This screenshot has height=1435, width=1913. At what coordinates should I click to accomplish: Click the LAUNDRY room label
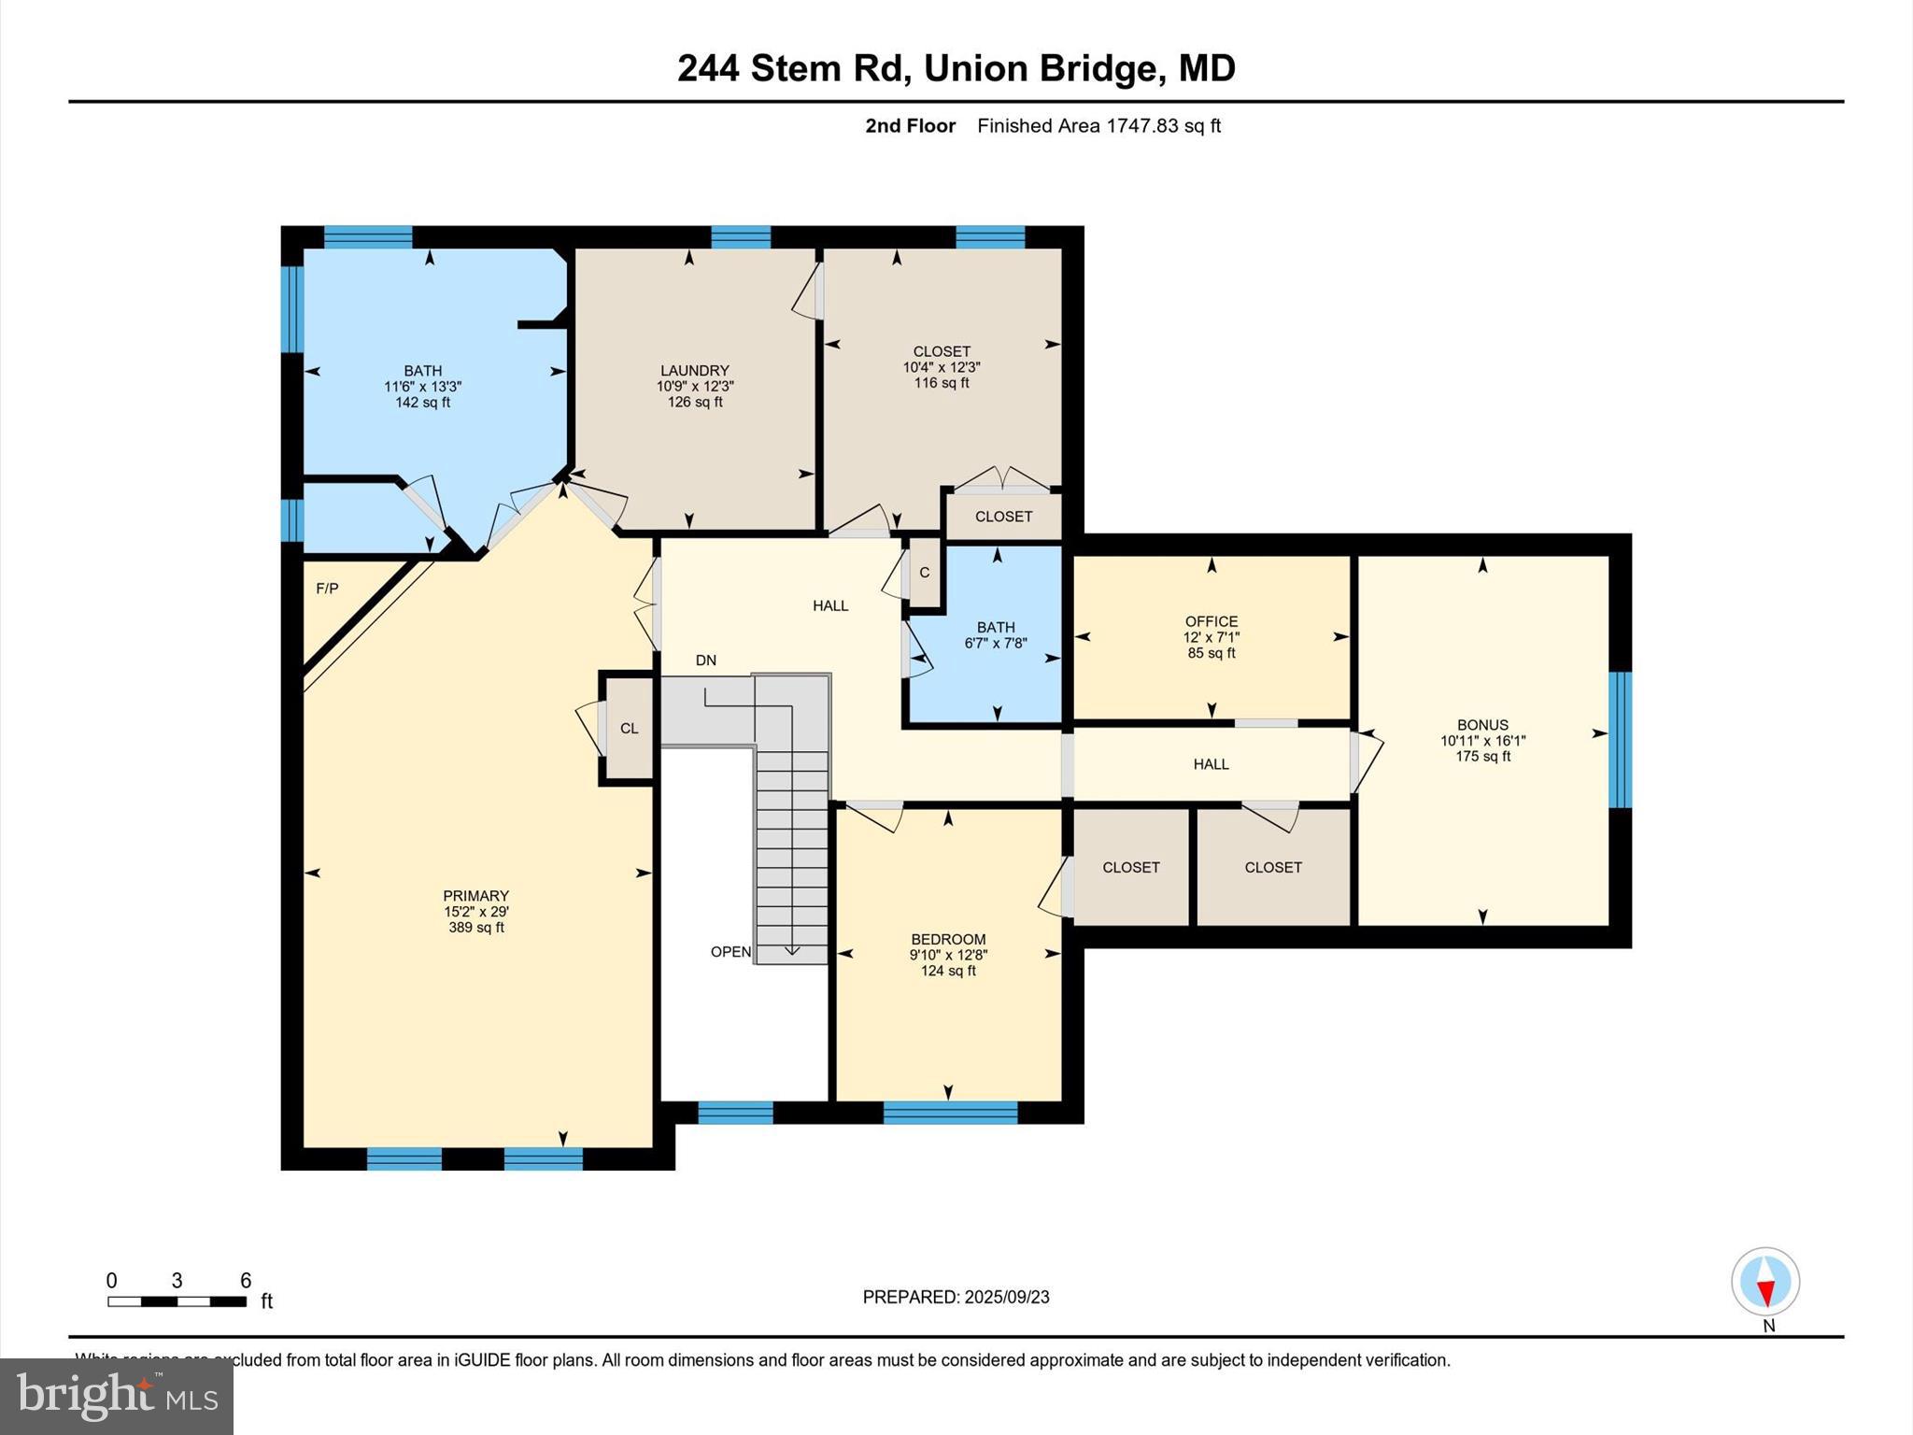pyautogui.click(x=694, y=371)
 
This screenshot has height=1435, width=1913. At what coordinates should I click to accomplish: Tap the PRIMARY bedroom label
pyautogui.click(x=475, y=896)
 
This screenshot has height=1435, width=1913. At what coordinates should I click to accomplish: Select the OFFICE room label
pyautogui.click(x=1212, y=621)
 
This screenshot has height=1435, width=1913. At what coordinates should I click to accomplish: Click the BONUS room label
pyautogui.click(x=1482, y=725)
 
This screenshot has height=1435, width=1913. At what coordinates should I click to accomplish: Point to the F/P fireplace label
pyautogui.click(x=327, y=589)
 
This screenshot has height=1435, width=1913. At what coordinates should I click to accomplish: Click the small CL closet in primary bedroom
pyautogui.click(x=630, y=729)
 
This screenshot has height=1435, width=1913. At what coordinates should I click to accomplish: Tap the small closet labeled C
pyautogui.click(x=925, y=573)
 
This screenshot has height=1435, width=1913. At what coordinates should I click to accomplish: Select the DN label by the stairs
pyautogui.click(x=706, y=661)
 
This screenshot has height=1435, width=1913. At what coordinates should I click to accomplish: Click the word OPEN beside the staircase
pyautogui.click(x=730, y=952)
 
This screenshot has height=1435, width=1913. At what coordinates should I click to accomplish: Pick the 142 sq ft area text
pyautogui.click(x=422, y=403)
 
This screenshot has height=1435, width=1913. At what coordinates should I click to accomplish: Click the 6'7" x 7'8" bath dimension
pyautogui.click(x=996, y=644)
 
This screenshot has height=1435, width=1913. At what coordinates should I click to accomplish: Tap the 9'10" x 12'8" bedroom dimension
pyautogui.click(x=948, y=956)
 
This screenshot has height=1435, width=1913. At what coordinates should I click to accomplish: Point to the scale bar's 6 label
pyautogui.click(x=246, y=1281)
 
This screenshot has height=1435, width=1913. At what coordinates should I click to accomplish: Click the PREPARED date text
pyautogui.click(x=956, y=1297)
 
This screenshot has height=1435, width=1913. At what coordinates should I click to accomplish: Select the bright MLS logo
pyautogui.click(x=117, y=1396)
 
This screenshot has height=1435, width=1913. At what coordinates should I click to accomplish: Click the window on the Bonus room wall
pyautogui.click(x=1620, y=739)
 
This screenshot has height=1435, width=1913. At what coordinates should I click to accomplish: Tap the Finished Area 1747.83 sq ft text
pyautogui.click(x=1098, y=126)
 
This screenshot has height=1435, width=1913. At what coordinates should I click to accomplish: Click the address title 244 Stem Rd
pyautogui.click(x=956, y=68)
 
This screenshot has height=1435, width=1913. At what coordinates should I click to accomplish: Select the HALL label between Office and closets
pyautogui.click(x=1211, y=764)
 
